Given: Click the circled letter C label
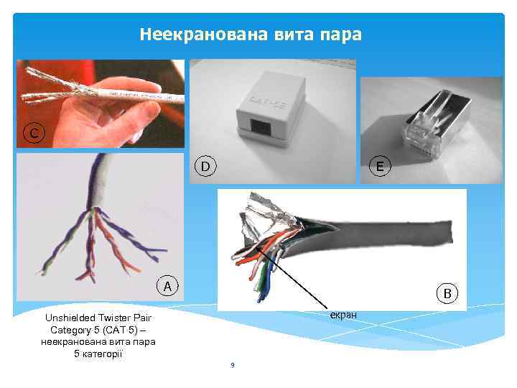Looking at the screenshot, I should pos(34,132).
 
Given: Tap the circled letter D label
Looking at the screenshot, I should pos(205,167).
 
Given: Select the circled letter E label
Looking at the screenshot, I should pos(378,167).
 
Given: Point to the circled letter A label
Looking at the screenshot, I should pos(167,287).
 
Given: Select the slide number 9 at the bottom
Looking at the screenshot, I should pos(232,366).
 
